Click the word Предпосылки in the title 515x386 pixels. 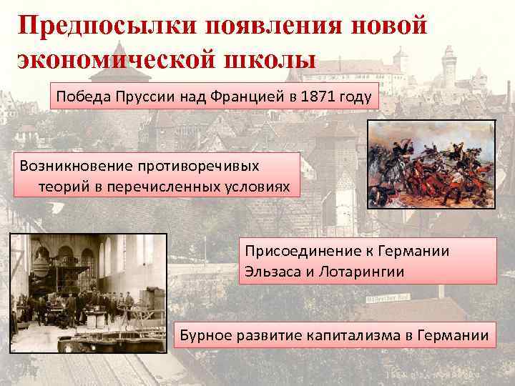[x=104, y=26]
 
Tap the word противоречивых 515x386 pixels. [x=197, y=165]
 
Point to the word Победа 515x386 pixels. [x=79, y=98]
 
